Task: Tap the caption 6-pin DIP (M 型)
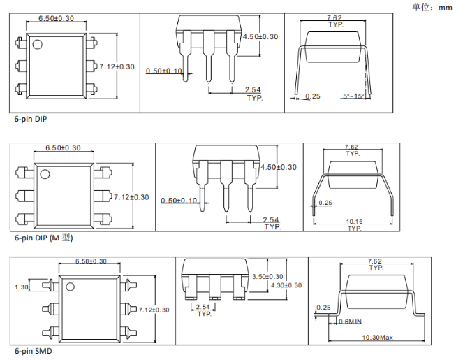pos(43,238)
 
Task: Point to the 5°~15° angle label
pos(353,96)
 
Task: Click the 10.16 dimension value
pos(355,222)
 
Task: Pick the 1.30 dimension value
pos(21,287)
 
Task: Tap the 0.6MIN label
pos(349,322)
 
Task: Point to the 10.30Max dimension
pos(376,338)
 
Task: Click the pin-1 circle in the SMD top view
pos(70,286)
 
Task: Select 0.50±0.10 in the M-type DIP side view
pos(178,201)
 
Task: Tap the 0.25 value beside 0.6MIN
pos(323,308)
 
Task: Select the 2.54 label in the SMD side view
pos(204,308)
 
